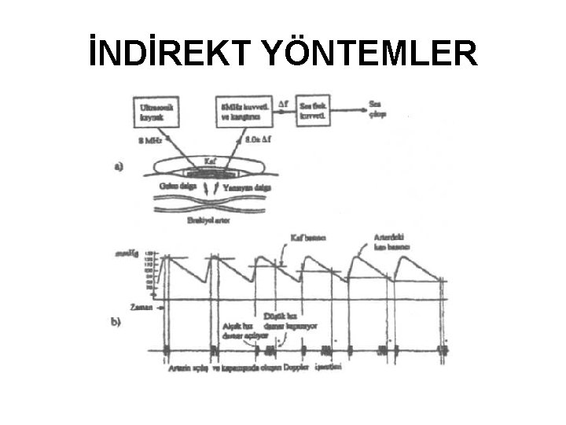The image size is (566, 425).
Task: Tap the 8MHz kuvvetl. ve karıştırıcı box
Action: coord(241,110)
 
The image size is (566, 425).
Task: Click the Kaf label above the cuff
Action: coord(209,159)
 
